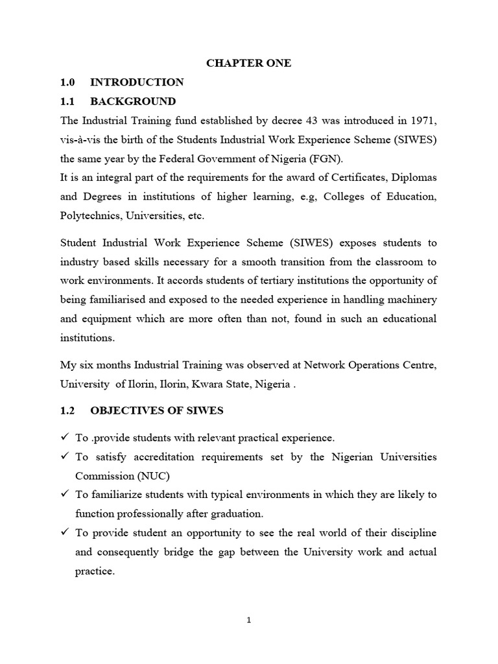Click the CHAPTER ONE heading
pos(248,63)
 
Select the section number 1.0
pos(68,82)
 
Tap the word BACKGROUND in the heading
pos(133,101)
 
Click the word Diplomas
pos(413,178)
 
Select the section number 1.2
pos(68,410)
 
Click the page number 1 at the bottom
pos(249,620)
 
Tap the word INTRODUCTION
pos(137,82)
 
